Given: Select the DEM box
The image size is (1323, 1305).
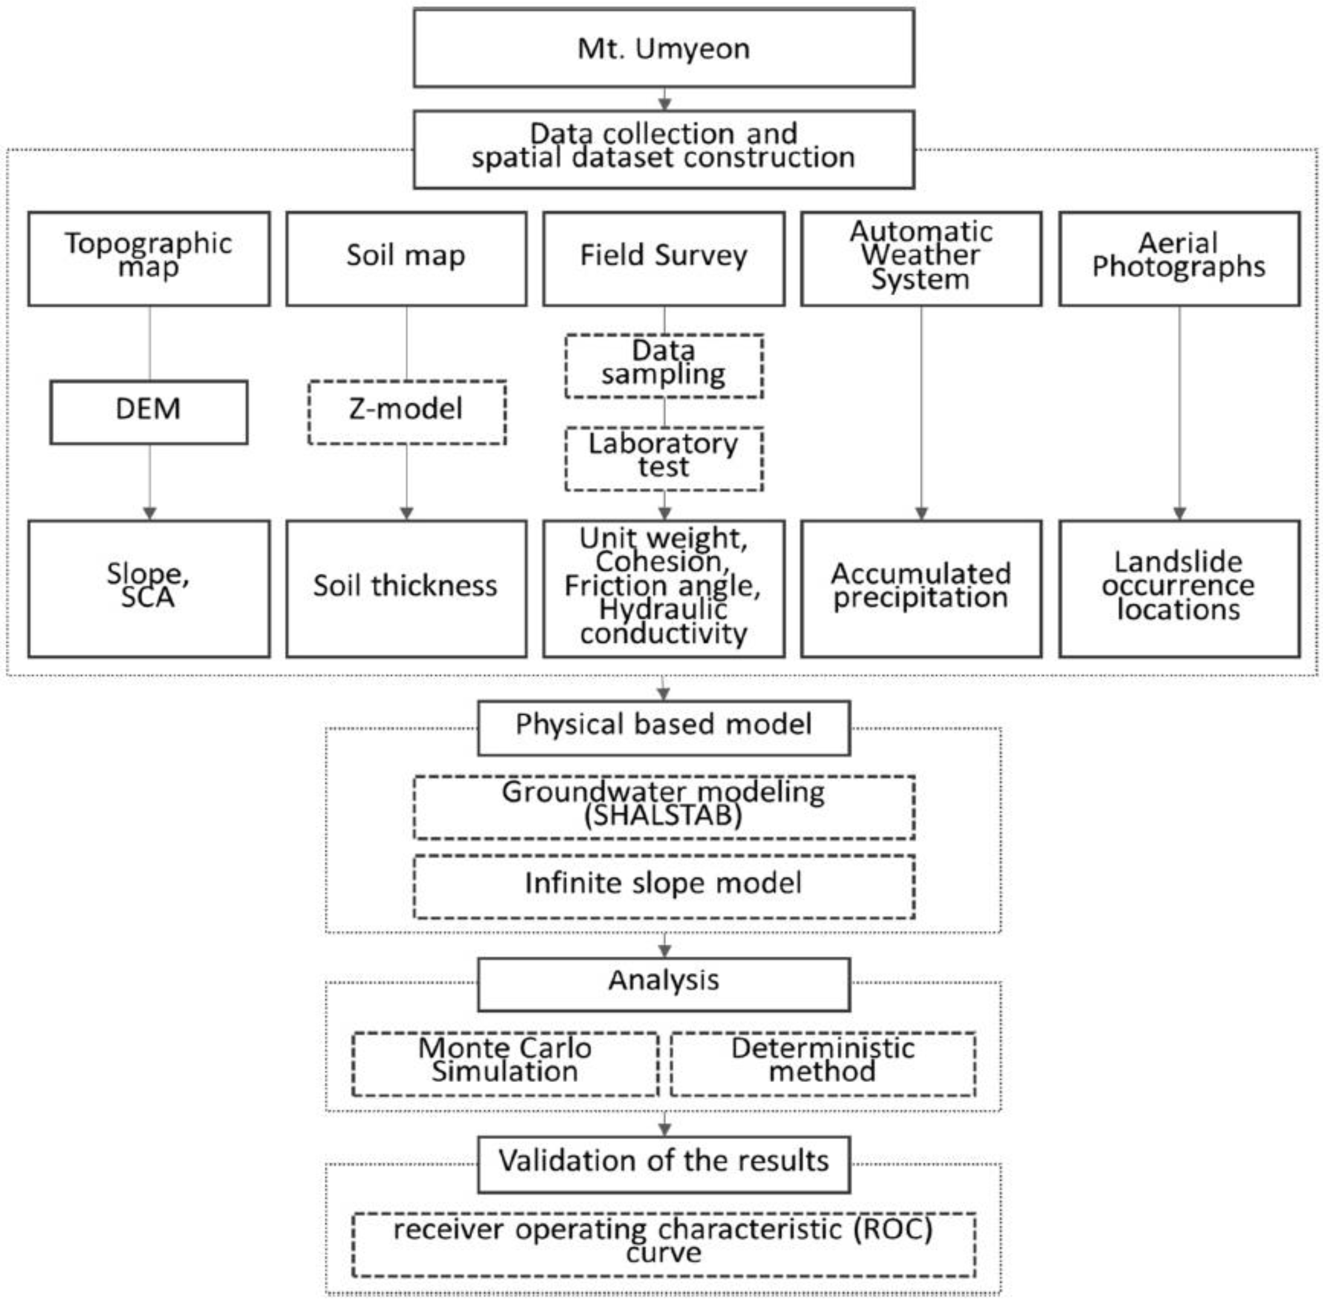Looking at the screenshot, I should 149,412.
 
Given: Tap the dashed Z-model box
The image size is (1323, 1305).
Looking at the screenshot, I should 407,412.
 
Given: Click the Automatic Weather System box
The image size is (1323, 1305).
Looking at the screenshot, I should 921,258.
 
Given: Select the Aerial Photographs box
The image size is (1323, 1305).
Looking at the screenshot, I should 1179,258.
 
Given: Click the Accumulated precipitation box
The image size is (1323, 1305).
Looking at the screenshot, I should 921,588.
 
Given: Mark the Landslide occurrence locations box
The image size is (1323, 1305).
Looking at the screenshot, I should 1179,588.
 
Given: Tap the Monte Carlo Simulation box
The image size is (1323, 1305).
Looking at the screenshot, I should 505,1063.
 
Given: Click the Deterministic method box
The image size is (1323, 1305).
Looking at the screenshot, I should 823,1063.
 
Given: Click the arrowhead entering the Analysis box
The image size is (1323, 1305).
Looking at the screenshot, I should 664,950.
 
